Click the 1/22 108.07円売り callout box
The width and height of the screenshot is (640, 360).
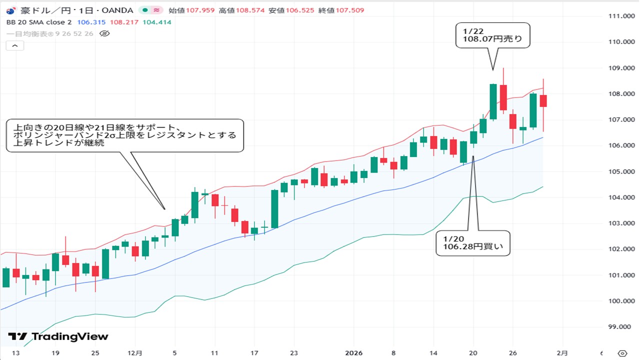click(x=492, y=35)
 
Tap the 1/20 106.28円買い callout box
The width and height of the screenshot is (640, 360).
click(x=473, y=243)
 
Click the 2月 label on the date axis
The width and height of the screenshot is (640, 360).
click(x=562, y=353)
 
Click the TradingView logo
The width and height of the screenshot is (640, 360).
click(x=58, y=336)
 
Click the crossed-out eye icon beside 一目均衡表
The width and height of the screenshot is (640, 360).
click(x=104, y=33)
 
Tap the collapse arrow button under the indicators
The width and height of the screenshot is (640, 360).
click(x=14, y=46)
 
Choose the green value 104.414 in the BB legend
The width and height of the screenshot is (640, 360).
click(x=157, y=22)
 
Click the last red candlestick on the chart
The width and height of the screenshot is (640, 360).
click(x=543, y=100)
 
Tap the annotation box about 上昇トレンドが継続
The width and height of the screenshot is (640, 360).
click(x=125, y=135)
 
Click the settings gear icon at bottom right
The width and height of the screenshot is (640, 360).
click(x=622, y=353)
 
